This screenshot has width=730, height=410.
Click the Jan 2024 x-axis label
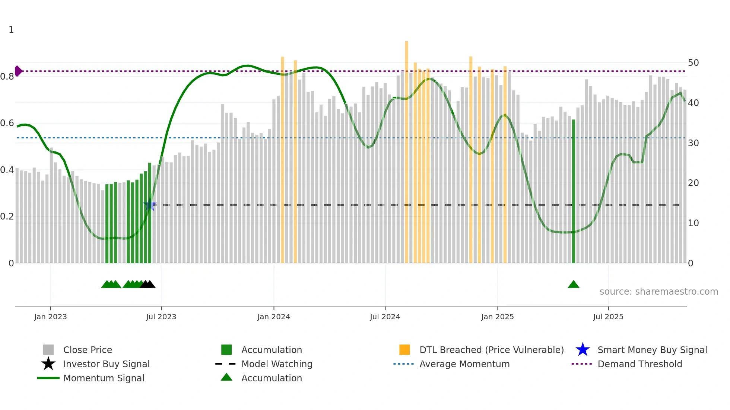pyautogui.click(x=273, y=317)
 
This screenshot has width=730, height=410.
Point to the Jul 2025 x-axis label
pyautogui.click(x=608, y=317)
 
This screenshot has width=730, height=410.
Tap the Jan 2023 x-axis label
pyautogui.click(x=50, y=317)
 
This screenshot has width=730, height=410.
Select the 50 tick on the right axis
pyautogui.click(x=693, y=63)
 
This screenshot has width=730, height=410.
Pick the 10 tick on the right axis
pyautogui.click(x=693, y=223)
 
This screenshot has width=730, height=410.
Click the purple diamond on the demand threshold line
pyautogui.click(x=18, y=71)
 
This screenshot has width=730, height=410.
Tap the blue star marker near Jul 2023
pyautogui.click(x=150, y=205)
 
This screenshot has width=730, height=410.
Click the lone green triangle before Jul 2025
pyautogui.click(x=573, y=285)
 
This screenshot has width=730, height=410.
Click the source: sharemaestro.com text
pyautogui.click(x=658, y=292)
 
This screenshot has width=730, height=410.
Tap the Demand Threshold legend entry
pyautogui.click(x=639, y=364)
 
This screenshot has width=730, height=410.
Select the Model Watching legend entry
pyautogui.click(x=276, y=364)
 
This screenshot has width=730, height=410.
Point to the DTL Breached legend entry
pyautogui.click(x=491, y=350)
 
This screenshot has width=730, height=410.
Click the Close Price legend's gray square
pyautogui.click(x=48, y=350)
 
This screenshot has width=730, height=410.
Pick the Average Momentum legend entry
pyautogui.click(x=464, y=364)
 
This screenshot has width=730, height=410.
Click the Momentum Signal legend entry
pyautogui.click(x=104, y=378)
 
